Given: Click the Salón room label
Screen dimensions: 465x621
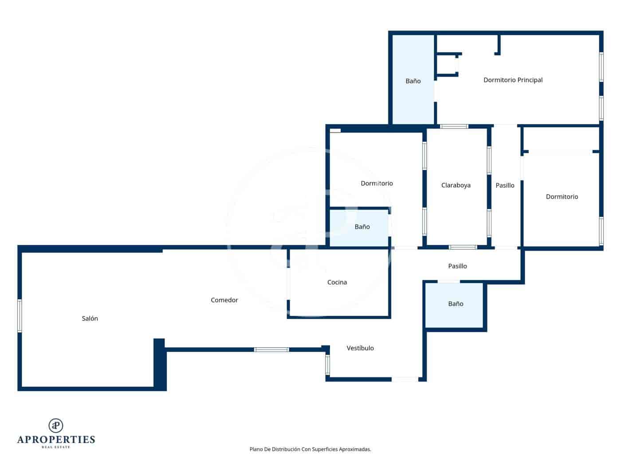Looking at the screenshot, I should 90,318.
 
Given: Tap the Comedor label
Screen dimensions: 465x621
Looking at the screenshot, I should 224,300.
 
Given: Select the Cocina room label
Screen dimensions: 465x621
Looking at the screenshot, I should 337,282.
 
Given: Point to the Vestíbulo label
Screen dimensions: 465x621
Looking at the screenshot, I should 360,348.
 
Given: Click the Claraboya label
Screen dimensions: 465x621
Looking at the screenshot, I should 456,185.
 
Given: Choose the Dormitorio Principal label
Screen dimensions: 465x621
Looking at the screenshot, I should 513,80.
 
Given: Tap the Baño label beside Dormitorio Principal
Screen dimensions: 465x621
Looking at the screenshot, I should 413,81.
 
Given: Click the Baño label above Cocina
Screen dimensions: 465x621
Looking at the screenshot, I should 362,227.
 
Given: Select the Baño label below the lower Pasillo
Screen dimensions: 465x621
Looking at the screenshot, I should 456,304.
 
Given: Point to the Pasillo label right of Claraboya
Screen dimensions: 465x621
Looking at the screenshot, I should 505,185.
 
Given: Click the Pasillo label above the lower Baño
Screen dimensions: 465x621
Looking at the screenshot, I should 457,266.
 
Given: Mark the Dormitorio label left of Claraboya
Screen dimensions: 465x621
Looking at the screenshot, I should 377,183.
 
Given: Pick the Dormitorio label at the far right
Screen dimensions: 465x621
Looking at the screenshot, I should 562,197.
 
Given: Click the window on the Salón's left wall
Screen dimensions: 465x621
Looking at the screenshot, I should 20,315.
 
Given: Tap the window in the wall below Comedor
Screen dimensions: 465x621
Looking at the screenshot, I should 271,349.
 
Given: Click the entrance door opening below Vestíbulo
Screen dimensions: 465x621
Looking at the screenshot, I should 405,379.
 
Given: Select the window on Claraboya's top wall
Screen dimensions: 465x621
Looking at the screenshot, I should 454,127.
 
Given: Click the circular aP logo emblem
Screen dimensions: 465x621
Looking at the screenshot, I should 56,426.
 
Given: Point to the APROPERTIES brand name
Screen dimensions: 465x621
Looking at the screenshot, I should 56,440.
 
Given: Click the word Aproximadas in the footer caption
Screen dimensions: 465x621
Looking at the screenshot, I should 355,449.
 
